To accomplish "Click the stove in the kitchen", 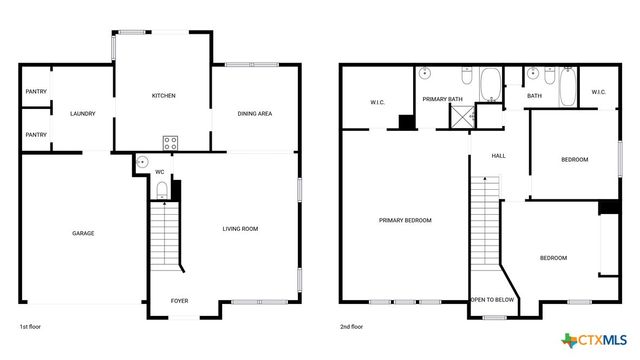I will (x=170, y=141).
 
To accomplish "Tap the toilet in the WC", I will (x=160, y=190).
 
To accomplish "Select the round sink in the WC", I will (x=141, y=162).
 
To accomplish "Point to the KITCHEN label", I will (x=163, y=96).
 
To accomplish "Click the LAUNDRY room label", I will (x=82, y=114).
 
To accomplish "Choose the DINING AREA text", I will (x=255, y=114).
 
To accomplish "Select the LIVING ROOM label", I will (x=240, y=229).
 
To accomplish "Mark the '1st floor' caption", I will (x=31, y=326).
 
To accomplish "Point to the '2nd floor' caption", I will (x=352, y=326).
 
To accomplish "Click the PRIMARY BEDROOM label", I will (x=404, y=220).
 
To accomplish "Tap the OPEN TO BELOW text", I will (x=493, y=300).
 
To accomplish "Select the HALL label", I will (x=497, y=156).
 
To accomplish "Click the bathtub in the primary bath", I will (x=492, y=85).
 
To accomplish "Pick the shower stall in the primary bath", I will (x=461, y=118).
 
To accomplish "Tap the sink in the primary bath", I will (x=425, y=73).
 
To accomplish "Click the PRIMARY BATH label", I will (x=441, y=99).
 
